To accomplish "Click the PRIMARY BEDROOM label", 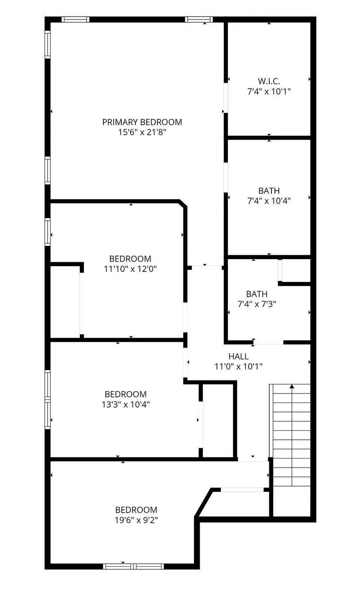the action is pyautogui.click(x=142, y=122).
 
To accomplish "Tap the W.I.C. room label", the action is pyautogui.click(x=269, y=81).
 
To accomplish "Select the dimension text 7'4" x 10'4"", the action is pyautogui.click(x=269, y=201).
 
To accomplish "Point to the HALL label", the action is pyautogui.click(x=238, y=356).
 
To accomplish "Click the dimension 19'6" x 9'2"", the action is pyautogui.click(x=136, y=520).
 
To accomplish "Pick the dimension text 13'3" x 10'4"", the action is pyautogui.click(x=126, y=404).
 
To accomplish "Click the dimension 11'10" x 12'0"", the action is pyautogui.click(x=130, y=269).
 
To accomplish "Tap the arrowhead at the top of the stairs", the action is pyautogui.click(x=292, y=386).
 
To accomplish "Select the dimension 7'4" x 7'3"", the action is pyautogui.click(x=257, y=304).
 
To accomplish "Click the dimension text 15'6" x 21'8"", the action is pyautogui.click(x=142, y=132).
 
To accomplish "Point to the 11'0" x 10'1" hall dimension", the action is pyautogui.click(x=238, y=367).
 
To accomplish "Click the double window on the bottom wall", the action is pyautogui.click(x=134, y=566).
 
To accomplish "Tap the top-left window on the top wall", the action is pyautogui.click(x=75, y=20).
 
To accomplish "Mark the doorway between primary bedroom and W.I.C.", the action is pyautogui.click(x=226, y=98).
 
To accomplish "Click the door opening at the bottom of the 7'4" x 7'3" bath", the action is pyautogui.click(x=268, y=342).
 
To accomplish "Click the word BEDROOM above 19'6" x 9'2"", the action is pyautogui.click(x=136, y=510).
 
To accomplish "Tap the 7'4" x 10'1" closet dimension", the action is pyautogui.click(x=269, y=92).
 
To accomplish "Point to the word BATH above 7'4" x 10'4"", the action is pyautogui.click(x=269, y=191).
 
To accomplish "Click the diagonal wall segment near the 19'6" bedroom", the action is pyautogui.click(x=204, y=502).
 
